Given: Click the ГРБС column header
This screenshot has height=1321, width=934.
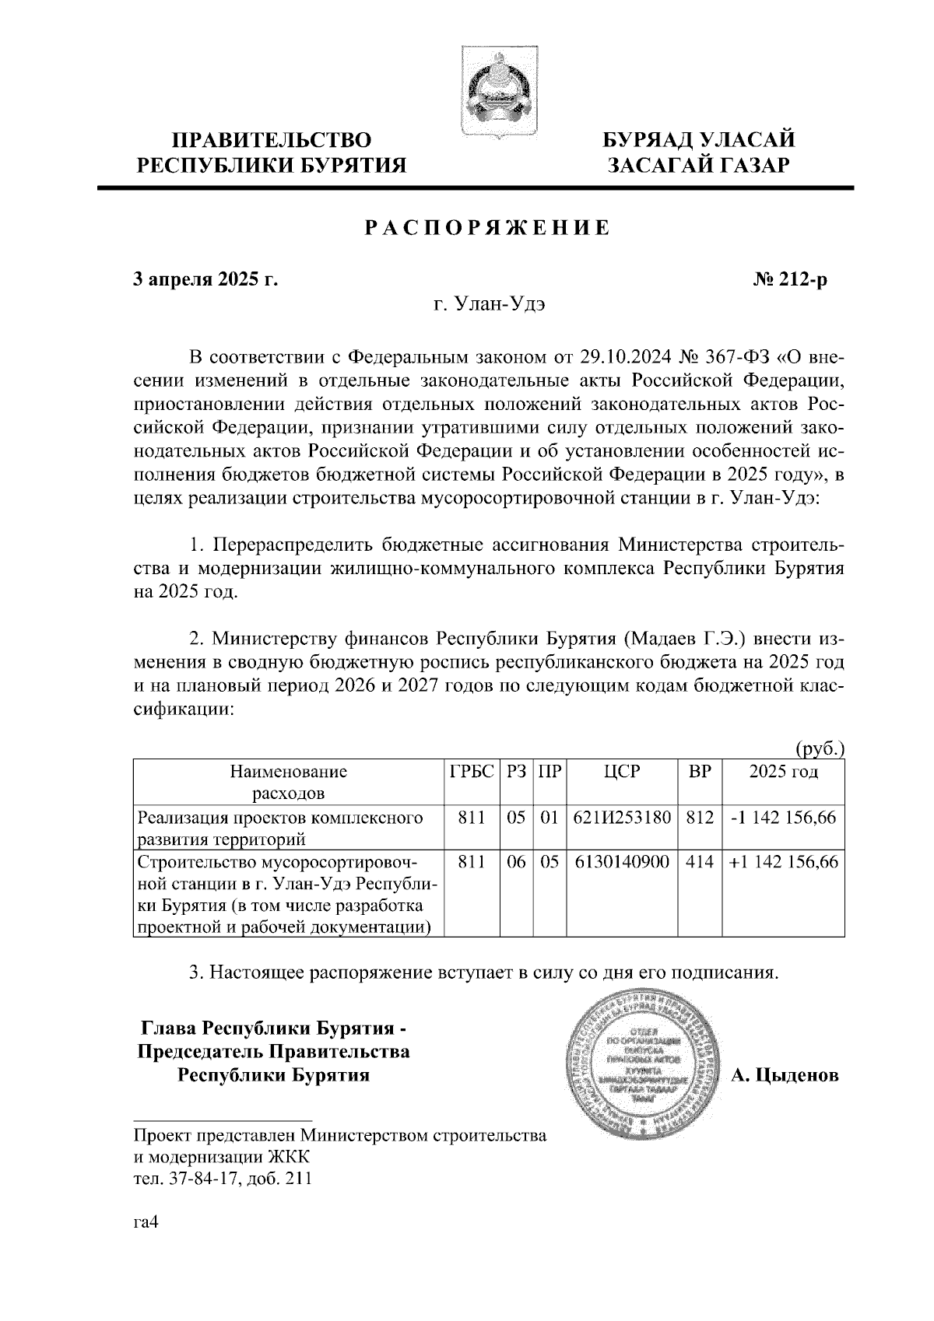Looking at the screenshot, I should click(472, 772).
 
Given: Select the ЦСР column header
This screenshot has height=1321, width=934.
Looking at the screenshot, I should click(622, 772).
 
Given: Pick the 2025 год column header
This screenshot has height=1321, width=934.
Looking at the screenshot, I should click(783, 772).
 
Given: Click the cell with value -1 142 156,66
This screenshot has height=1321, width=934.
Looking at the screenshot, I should click(783, 817).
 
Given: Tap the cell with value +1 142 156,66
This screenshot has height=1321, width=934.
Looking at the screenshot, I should click(783, 862).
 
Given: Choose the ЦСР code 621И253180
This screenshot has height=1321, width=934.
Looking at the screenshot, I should click(622, 817).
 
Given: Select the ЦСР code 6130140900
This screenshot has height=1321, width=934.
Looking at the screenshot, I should click(622, 862).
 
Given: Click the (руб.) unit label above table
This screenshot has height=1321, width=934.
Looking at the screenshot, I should click(819, 749).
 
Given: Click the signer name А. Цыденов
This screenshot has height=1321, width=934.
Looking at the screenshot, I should click(785, 1076).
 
